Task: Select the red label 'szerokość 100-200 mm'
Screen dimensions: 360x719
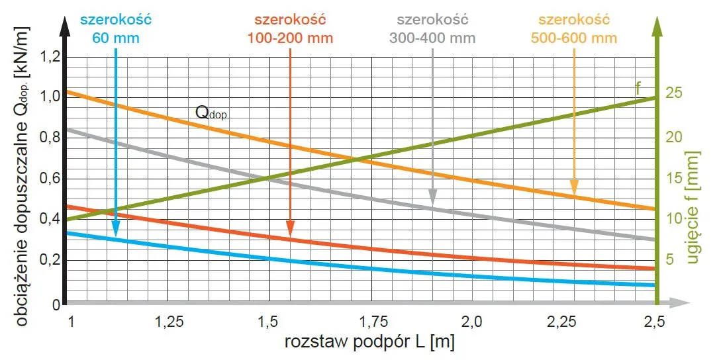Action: (291, 28)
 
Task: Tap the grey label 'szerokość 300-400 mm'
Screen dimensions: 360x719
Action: (432, 28)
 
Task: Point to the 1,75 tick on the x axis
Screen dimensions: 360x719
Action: (369, 322)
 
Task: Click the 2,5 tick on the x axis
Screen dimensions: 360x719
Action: (654, 322)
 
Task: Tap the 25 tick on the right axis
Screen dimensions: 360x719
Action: (673, 93)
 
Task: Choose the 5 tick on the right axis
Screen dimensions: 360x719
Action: (669, 259)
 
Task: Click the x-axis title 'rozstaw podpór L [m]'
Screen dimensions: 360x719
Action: (369, 343)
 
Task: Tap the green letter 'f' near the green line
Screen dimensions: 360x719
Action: (638, 88)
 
